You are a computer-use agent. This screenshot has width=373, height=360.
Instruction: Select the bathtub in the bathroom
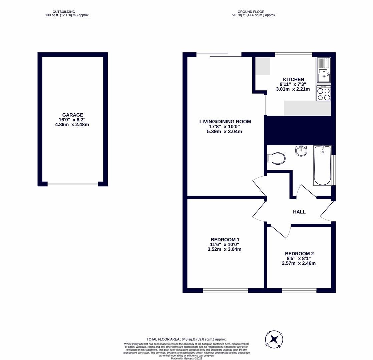pos(322,165)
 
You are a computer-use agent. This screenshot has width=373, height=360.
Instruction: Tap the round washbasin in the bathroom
pos(301,151)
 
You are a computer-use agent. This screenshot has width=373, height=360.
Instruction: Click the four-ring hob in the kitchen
pos(324,94)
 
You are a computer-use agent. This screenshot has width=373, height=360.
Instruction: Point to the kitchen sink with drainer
pos(324,70)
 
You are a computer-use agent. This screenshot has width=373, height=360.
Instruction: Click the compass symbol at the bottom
pos(274,340)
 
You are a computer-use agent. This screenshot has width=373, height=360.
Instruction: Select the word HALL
pos(299,212)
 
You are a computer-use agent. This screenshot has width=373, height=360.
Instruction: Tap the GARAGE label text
pos(72,115)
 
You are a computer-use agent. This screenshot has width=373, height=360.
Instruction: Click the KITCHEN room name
pos(293,79)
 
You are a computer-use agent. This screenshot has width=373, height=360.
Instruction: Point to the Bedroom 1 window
pos(225,291)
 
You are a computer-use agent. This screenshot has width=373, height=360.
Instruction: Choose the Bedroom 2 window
pos(299,291)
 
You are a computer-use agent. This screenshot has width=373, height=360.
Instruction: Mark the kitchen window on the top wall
pos(293,55)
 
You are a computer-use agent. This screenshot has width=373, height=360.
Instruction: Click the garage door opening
pos(72,184)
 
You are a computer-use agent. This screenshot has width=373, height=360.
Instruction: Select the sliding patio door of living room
pos(219,55)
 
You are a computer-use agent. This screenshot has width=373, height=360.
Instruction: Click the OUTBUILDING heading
pos(64,12)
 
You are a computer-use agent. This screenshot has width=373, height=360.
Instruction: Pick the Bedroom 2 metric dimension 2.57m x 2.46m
pos(299,263)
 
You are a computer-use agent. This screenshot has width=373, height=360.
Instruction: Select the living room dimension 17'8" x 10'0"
pos(224,127)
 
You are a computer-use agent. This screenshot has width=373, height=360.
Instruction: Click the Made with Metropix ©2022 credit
pos(186,358)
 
